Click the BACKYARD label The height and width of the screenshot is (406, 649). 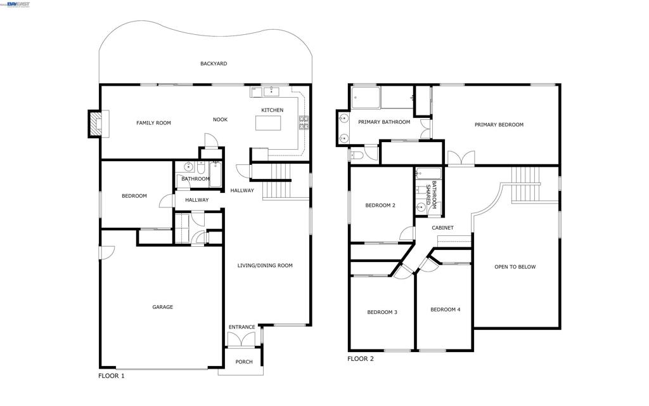(214, 64)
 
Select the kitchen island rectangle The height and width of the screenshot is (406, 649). (268, 123)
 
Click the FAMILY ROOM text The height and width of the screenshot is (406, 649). (153, 123)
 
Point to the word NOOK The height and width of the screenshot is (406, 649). (220, 120)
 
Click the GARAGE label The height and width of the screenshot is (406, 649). (163, 307)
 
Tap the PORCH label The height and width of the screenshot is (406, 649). (244, 362)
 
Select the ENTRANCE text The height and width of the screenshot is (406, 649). (241, 327)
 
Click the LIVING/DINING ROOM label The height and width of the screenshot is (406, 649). (265, 266)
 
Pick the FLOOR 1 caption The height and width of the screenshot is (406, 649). (112, 376)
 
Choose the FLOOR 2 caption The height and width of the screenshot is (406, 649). (361, 359)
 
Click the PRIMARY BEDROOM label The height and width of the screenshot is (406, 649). (499, 125)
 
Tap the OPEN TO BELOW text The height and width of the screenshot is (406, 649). (515, 267)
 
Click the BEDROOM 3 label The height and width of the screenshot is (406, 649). (382, 312)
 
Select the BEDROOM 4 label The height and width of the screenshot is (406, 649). (446, 310)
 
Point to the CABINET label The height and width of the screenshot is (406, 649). (442, 228)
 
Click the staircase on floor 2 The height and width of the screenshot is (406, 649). (526, 185)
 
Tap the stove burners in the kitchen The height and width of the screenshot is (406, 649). (304, 123)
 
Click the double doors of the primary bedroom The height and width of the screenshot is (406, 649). (461, 158)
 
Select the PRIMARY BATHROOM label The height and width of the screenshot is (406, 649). (384, 122)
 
